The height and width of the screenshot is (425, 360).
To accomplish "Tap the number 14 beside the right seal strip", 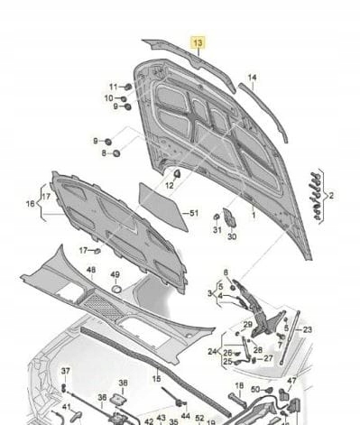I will click(x=253, y=77).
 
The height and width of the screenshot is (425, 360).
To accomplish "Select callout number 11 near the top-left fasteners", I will click(x=113, y=86).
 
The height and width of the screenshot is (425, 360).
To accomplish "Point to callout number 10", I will click(x=107, y=97).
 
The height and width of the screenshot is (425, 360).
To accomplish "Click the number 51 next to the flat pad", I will click(x=192, y=213).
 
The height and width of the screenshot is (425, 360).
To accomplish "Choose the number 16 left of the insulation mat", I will click(x=30, y=205).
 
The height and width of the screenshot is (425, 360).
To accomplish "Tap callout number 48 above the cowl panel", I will click(x=91, y=270).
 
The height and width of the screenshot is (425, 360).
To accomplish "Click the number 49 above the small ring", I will click(x=115, y=275).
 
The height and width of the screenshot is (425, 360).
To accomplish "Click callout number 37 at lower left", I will click(x=65, y=372).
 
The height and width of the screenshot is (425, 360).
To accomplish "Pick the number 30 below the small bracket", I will click(x=232, y=236).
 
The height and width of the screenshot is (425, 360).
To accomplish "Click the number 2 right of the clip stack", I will click(x=331, y=194).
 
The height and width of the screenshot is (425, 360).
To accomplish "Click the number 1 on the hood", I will click(x=254, y=216).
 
